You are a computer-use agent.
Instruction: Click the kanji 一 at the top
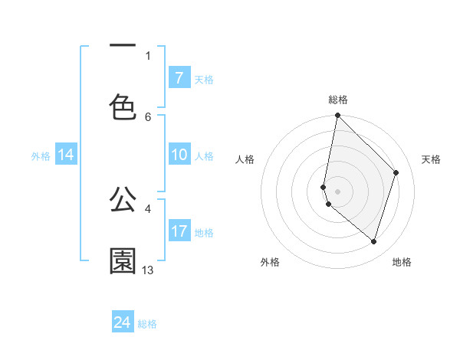[x=123, y=46]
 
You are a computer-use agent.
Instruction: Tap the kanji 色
[x=123, y=107]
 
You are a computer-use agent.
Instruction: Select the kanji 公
[x=123, y=200]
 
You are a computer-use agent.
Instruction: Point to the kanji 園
[x=123, y=261]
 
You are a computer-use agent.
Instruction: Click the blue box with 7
[x=179, y=78]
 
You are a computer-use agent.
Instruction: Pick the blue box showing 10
[x=179, y=155]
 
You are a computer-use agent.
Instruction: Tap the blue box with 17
[x=179, y=232]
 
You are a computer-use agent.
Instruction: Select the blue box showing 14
[x=66, y=155]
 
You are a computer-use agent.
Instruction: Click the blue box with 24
[x=123, y=323]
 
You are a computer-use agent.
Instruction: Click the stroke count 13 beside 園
[x=148, y=270]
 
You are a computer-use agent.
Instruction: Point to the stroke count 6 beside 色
[x=148, y=116]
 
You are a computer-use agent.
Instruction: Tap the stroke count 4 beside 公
[x=148, y=208]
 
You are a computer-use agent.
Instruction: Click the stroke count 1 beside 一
[x=148, y=55]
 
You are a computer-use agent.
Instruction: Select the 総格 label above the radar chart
[x=338, y=100]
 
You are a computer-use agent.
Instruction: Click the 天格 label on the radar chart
[x=431, y=159]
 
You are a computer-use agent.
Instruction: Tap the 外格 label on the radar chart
[x=270, y=262]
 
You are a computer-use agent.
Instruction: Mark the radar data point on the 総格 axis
[x=337, y=115]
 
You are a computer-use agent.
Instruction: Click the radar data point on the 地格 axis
[x=374, y=241]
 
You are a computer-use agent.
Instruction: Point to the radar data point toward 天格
[x=396, y=172]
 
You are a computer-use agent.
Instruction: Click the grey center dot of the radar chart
[x=337, y=191]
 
